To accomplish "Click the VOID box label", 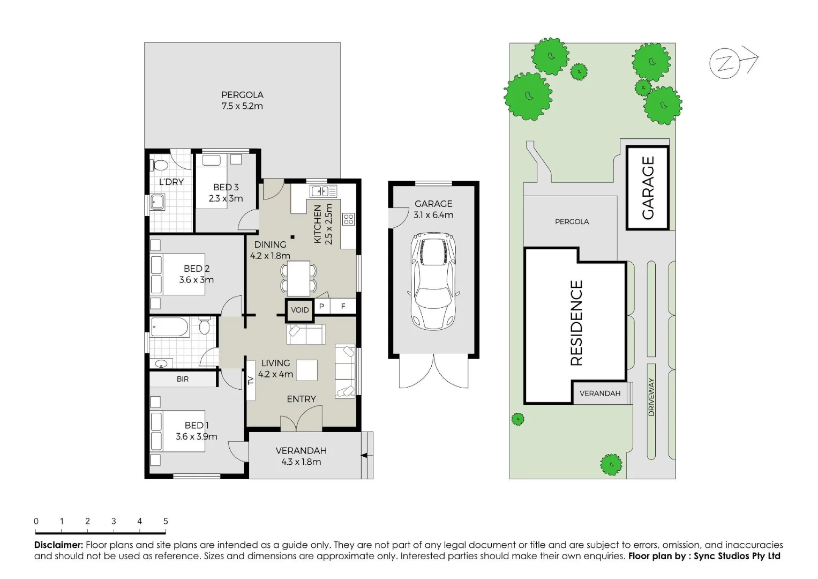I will pos(299,310).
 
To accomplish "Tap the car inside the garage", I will pos(433,281).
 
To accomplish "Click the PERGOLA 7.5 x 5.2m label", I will pos(242,100).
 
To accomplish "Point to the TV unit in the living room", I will pos(250,381).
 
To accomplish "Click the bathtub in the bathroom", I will pos(170,327).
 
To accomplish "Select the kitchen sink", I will pos(324,191).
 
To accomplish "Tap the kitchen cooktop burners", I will pos(349,219).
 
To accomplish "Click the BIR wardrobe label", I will pos(183,379).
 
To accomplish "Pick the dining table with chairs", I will pos(298,278).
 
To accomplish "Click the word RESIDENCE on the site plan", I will pos(576,323).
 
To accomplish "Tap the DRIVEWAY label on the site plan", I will pos(651,397).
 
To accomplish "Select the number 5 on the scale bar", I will pos(166,521).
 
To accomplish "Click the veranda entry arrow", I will pos(364,456).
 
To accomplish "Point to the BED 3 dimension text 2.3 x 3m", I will pos(226,198).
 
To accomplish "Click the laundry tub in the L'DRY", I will pos(157,202).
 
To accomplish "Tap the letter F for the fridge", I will pos(343,306).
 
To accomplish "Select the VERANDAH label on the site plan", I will pos(600,394).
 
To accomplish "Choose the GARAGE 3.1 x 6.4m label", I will pos(433,209).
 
